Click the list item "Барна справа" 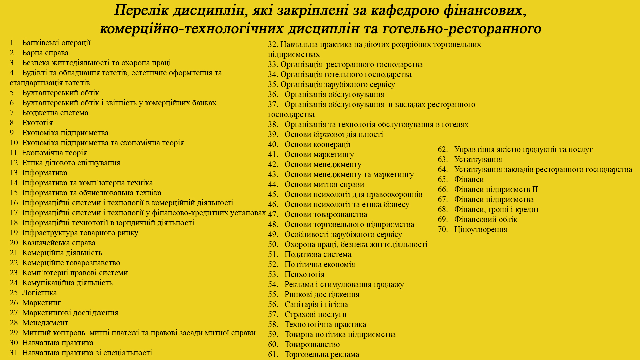[45, 53]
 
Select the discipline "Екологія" [37, 123]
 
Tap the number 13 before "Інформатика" [15, 173]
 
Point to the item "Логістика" [39, 293]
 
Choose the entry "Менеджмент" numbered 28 [45, 323]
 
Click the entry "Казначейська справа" [59, 243]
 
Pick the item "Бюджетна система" [55, 113]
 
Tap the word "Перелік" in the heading [142, 10]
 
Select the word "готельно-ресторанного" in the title [462, 29]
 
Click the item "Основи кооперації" [317, 144]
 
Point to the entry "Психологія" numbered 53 [304, 274]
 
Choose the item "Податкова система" [318, 254]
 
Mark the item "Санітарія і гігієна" [316, 304]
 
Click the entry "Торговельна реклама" [322, 354]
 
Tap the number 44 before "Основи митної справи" [273, 184]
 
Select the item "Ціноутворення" [480, 229]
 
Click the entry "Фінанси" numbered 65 [469, 179]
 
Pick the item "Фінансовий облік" [485, 219]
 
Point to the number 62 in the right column [443, 149]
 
